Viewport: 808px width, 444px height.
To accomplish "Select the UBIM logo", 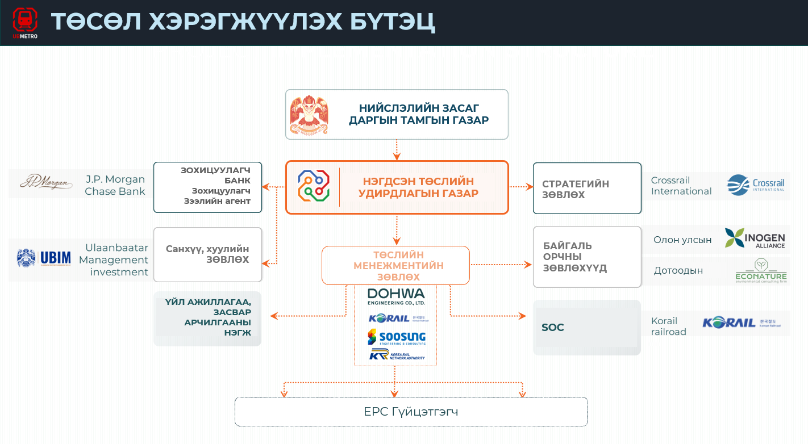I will pos(44,258).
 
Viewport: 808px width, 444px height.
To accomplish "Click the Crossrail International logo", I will pos(756,185).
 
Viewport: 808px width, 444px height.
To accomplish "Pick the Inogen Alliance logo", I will pos(755,238).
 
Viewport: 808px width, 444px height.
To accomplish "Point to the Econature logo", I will pos(760,270).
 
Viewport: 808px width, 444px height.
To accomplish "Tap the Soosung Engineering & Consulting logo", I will pos(396,337).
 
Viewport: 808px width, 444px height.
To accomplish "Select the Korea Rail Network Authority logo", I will pos(396,355).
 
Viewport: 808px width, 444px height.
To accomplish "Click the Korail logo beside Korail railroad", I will pos(742,322).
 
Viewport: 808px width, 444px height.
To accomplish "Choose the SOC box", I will pos(587,328).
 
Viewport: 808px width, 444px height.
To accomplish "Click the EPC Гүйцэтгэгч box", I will pos(411,412).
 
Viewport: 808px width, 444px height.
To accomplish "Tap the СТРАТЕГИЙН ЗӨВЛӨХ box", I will pos(587,189).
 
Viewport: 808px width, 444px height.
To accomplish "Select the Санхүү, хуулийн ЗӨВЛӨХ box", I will pos(207,254).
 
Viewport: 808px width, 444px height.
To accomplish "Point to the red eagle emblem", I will pos(309,115).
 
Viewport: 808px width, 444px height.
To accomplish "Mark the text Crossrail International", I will pos(681,186).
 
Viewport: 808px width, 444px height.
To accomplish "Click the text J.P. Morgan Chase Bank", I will pos(114,185).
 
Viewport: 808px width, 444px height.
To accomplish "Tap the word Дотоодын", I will pos(678,270).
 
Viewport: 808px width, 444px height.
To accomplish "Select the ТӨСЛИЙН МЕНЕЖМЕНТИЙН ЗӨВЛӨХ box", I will pos(395,265).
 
